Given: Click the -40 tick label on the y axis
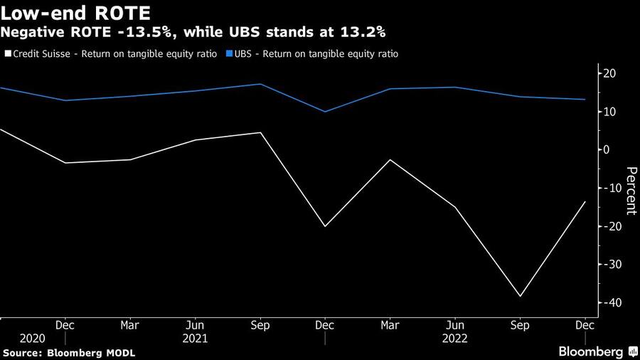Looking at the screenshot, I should point(610,302).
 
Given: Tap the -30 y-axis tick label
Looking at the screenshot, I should point(610,264).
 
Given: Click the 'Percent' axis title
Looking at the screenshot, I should point(631,190).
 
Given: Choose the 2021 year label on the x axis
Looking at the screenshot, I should point(195,339).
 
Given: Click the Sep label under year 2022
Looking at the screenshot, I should point(520,325).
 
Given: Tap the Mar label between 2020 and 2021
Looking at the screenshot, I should point(130,325).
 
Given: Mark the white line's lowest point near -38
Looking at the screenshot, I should point(520,296).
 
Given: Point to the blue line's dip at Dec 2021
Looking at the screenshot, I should point(325,112).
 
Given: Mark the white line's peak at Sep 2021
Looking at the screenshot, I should point(260,132).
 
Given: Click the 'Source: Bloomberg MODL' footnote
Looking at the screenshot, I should point(69,353).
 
